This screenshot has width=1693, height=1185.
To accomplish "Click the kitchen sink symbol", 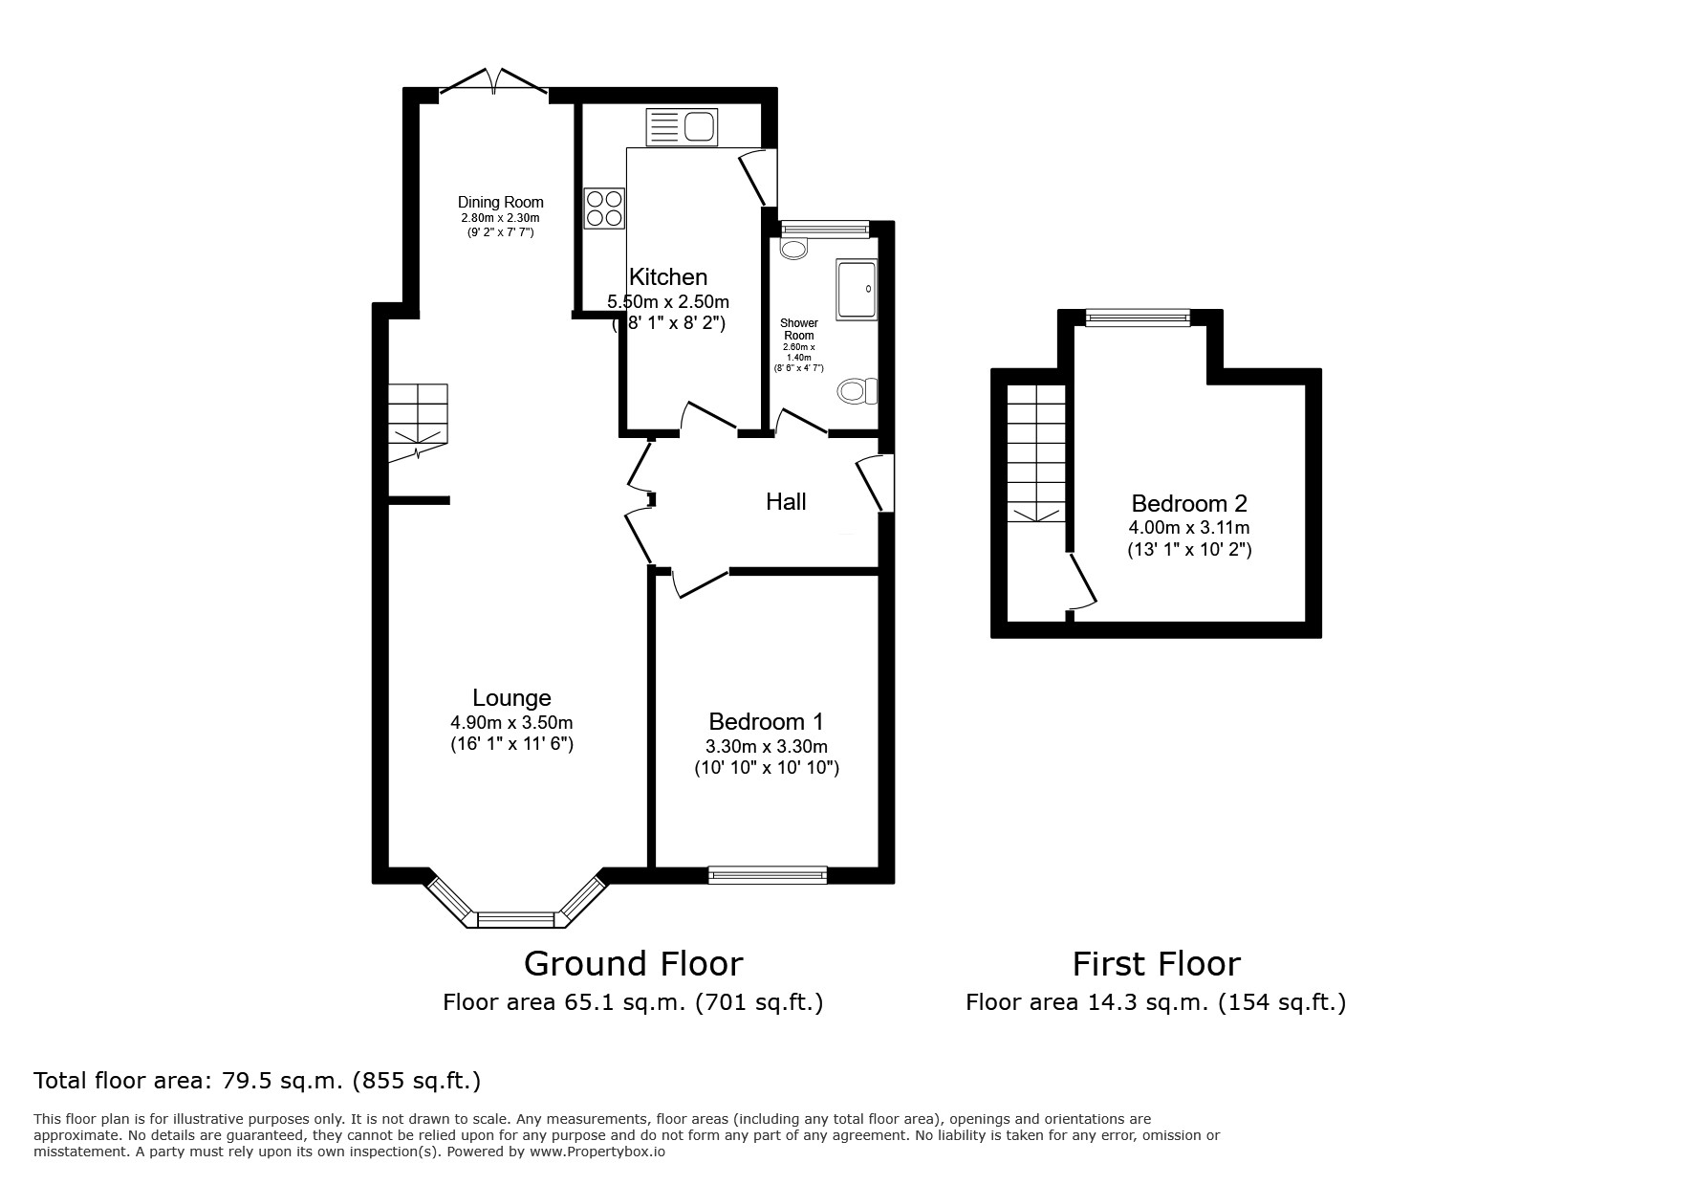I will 682,127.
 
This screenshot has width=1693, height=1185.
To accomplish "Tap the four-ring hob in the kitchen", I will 604,208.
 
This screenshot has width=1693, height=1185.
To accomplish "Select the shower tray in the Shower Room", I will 856,288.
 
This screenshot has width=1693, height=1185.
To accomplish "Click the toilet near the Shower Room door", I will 857,390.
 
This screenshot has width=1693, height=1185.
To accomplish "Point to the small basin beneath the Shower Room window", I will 793,250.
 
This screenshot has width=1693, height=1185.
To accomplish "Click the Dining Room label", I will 500,202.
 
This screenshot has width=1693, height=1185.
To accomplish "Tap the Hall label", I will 786,501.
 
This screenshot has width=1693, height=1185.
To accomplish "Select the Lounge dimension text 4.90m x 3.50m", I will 511,722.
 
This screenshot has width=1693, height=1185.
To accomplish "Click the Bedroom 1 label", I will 766,721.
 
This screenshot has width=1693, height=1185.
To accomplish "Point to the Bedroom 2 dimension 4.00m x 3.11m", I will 1188,527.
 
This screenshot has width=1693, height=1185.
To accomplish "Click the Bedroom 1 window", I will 768,873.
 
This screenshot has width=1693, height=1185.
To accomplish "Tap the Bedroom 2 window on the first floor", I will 1138,318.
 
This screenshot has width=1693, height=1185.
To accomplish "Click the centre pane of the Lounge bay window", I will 515,919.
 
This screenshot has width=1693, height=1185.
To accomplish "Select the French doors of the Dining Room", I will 493,84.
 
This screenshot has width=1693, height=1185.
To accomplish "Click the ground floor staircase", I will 418,421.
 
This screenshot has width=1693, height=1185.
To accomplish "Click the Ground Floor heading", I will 633,963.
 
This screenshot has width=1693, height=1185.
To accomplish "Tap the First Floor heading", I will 1156,963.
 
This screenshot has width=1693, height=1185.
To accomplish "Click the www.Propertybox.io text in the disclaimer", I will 597,1152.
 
